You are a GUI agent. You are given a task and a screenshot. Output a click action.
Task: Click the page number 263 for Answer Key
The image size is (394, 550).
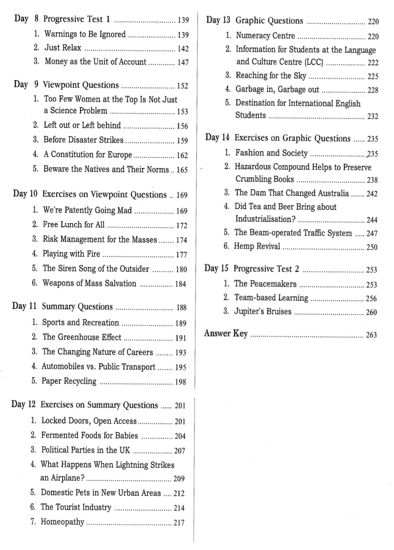[x=371, y=335]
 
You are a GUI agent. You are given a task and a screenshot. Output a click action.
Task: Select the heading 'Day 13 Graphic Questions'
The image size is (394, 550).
[x=255, y=21]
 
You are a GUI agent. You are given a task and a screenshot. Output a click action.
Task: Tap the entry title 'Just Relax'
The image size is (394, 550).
[x=63, y=48]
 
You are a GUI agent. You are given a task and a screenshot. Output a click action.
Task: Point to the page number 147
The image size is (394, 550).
[x=183, y=62]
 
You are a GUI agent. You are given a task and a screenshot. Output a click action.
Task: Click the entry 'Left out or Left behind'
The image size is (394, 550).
[x=82, y=125]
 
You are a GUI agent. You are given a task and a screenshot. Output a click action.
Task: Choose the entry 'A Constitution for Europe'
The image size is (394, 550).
[x=87, y=155]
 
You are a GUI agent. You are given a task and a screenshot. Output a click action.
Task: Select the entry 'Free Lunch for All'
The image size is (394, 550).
[x=73, y=225]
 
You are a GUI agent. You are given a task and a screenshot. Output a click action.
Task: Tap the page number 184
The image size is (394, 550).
[x=180, y=284]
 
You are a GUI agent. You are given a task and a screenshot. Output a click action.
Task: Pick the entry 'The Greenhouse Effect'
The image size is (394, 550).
[x=82, y=337]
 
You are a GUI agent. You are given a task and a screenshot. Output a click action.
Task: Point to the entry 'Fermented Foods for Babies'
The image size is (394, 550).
[x=89, y=436]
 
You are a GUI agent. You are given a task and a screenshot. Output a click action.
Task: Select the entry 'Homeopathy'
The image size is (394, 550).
[x=62, y=522]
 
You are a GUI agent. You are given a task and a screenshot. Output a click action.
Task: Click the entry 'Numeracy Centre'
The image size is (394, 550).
[x=265, y=36]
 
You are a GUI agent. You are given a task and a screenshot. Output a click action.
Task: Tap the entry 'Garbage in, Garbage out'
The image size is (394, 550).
[x=277, y=90]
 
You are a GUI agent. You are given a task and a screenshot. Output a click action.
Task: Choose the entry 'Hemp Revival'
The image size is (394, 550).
[x=257, y=246]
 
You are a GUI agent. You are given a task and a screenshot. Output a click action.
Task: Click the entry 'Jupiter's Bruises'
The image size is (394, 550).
[x=263, y=311]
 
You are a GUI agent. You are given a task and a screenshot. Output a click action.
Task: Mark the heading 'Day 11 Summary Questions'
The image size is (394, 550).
[x=62, y=307]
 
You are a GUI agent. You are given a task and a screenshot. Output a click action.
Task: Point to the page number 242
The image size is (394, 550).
[x=372, y=194]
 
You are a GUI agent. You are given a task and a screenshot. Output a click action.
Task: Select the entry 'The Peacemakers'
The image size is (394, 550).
[x=265, y=284]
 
